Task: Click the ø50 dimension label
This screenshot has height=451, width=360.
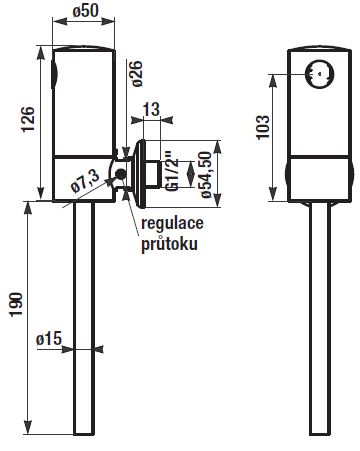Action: pos(86,11)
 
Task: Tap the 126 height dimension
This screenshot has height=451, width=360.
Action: pos(28,119)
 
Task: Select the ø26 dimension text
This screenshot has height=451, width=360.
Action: pos(137,74)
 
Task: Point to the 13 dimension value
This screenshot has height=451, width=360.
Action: pos(152,109)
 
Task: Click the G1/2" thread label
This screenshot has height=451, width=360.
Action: pos(173,172)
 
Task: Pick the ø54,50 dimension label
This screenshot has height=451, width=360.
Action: pos(206,174)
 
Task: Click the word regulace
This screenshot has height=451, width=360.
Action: pos(172,223)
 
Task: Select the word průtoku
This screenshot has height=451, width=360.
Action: pos(169,244)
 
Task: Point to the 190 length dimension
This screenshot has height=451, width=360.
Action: pos(16,305)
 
